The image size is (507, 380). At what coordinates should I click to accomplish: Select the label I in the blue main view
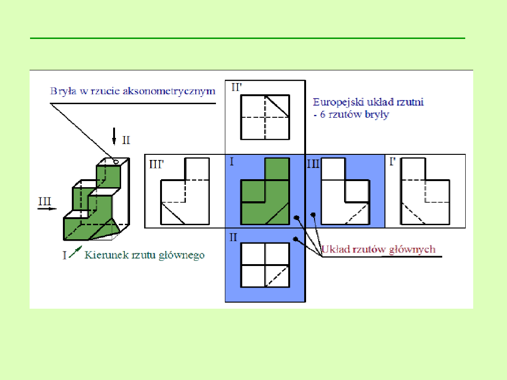point(231,163)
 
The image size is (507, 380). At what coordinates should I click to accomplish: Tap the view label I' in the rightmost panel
point(392,163)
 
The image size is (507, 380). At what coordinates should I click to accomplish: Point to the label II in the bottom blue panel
point(233,237)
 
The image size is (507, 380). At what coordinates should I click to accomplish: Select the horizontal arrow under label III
point(45,210)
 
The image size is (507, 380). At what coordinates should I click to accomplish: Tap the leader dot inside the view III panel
point(313,215)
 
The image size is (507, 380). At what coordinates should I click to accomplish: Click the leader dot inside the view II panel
point(295,239)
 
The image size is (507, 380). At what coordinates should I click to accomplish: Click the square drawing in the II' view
point(265,117)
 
